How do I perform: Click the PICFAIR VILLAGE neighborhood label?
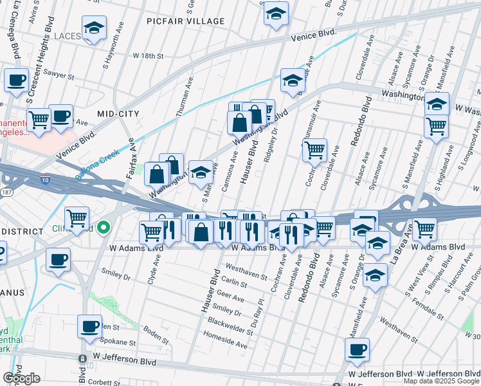pos(185,21)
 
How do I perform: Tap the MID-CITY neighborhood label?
pos(118,113)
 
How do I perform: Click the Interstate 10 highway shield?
pos(45,176)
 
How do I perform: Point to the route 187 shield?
pos(5,193)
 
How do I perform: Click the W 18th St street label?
pos(149,56)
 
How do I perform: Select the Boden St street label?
pos(156,334)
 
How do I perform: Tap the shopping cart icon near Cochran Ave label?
pos(314,151)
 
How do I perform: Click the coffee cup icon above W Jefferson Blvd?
pos(356,349)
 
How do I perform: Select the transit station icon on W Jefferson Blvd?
pos(82,359)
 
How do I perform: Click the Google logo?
pos(22,378)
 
